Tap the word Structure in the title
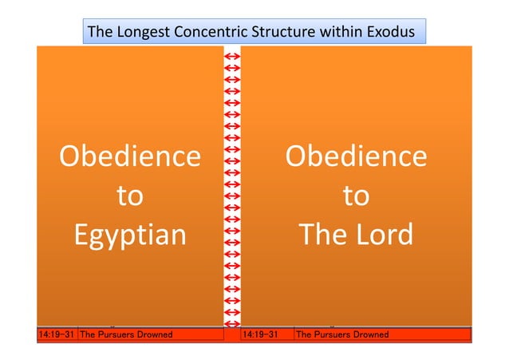click(283, 33)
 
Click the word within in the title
click(341, 33)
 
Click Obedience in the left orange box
click(130, 156)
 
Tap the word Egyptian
click(130, 235)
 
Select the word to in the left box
click(130, 196)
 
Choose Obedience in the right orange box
click(356, 156)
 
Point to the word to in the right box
click(356, 196)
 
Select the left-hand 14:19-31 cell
click(57, 334)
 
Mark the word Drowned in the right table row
click(369, 334)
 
